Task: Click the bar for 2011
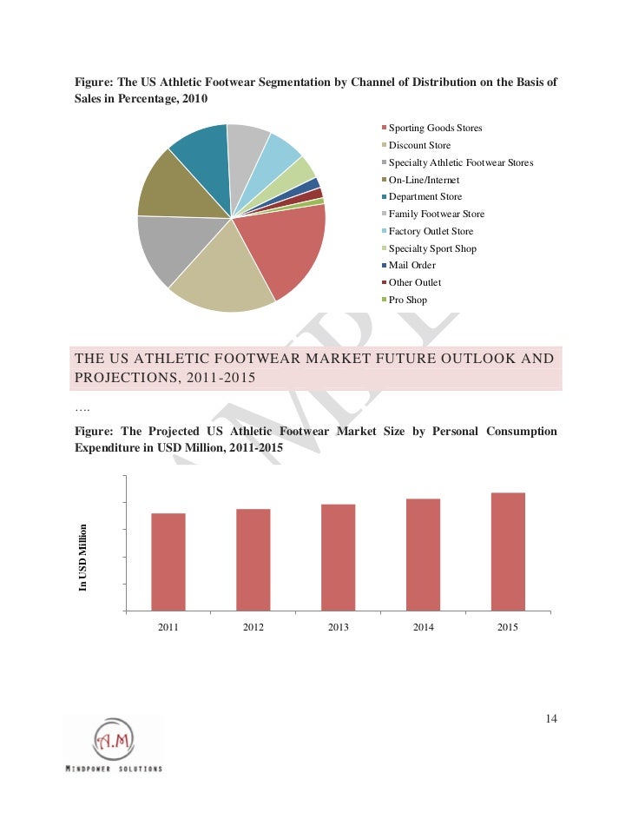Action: [168, 561]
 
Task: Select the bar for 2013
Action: [338, 557]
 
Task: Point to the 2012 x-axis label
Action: [253, 626]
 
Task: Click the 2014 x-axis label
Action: [423, 626]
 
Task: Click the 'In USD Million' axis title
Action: [84, 557]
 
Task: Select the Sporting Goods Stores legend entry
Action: [435, 129]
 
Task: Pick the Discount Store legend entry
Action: [419, 146]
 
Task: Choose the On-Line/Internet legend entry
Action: [424, 180]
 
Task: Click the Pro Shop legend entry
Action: [407, 301]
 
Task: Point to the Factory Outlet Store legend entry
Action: [431, 232]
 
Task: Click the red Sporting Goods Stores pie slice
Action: [282, 252]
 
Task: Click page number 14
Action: [551, 719]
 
